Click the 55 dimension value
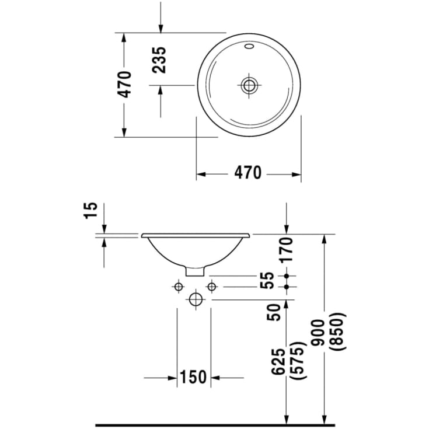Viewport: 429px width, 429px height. pos(267,281)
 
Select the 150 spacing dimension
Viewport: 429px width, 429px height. pos(193,377)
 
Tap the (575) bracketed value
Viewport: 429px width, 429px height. pos(298,361)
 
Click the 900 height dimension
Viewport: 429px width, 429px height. pos(318,332)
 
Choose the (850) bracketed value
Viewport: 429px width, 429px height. pos(339,332)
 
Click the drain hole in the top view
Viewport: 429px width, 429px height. pos(249,85)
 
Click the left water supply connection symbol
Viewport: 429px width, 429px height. pos(177,286)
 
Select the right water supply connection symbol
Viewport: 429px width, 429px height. pos(211,286)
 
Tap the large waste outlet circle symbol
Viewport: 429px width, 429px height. pos(195,299)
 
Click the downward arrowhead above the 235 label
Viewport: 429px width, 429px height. pos(161,29)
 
